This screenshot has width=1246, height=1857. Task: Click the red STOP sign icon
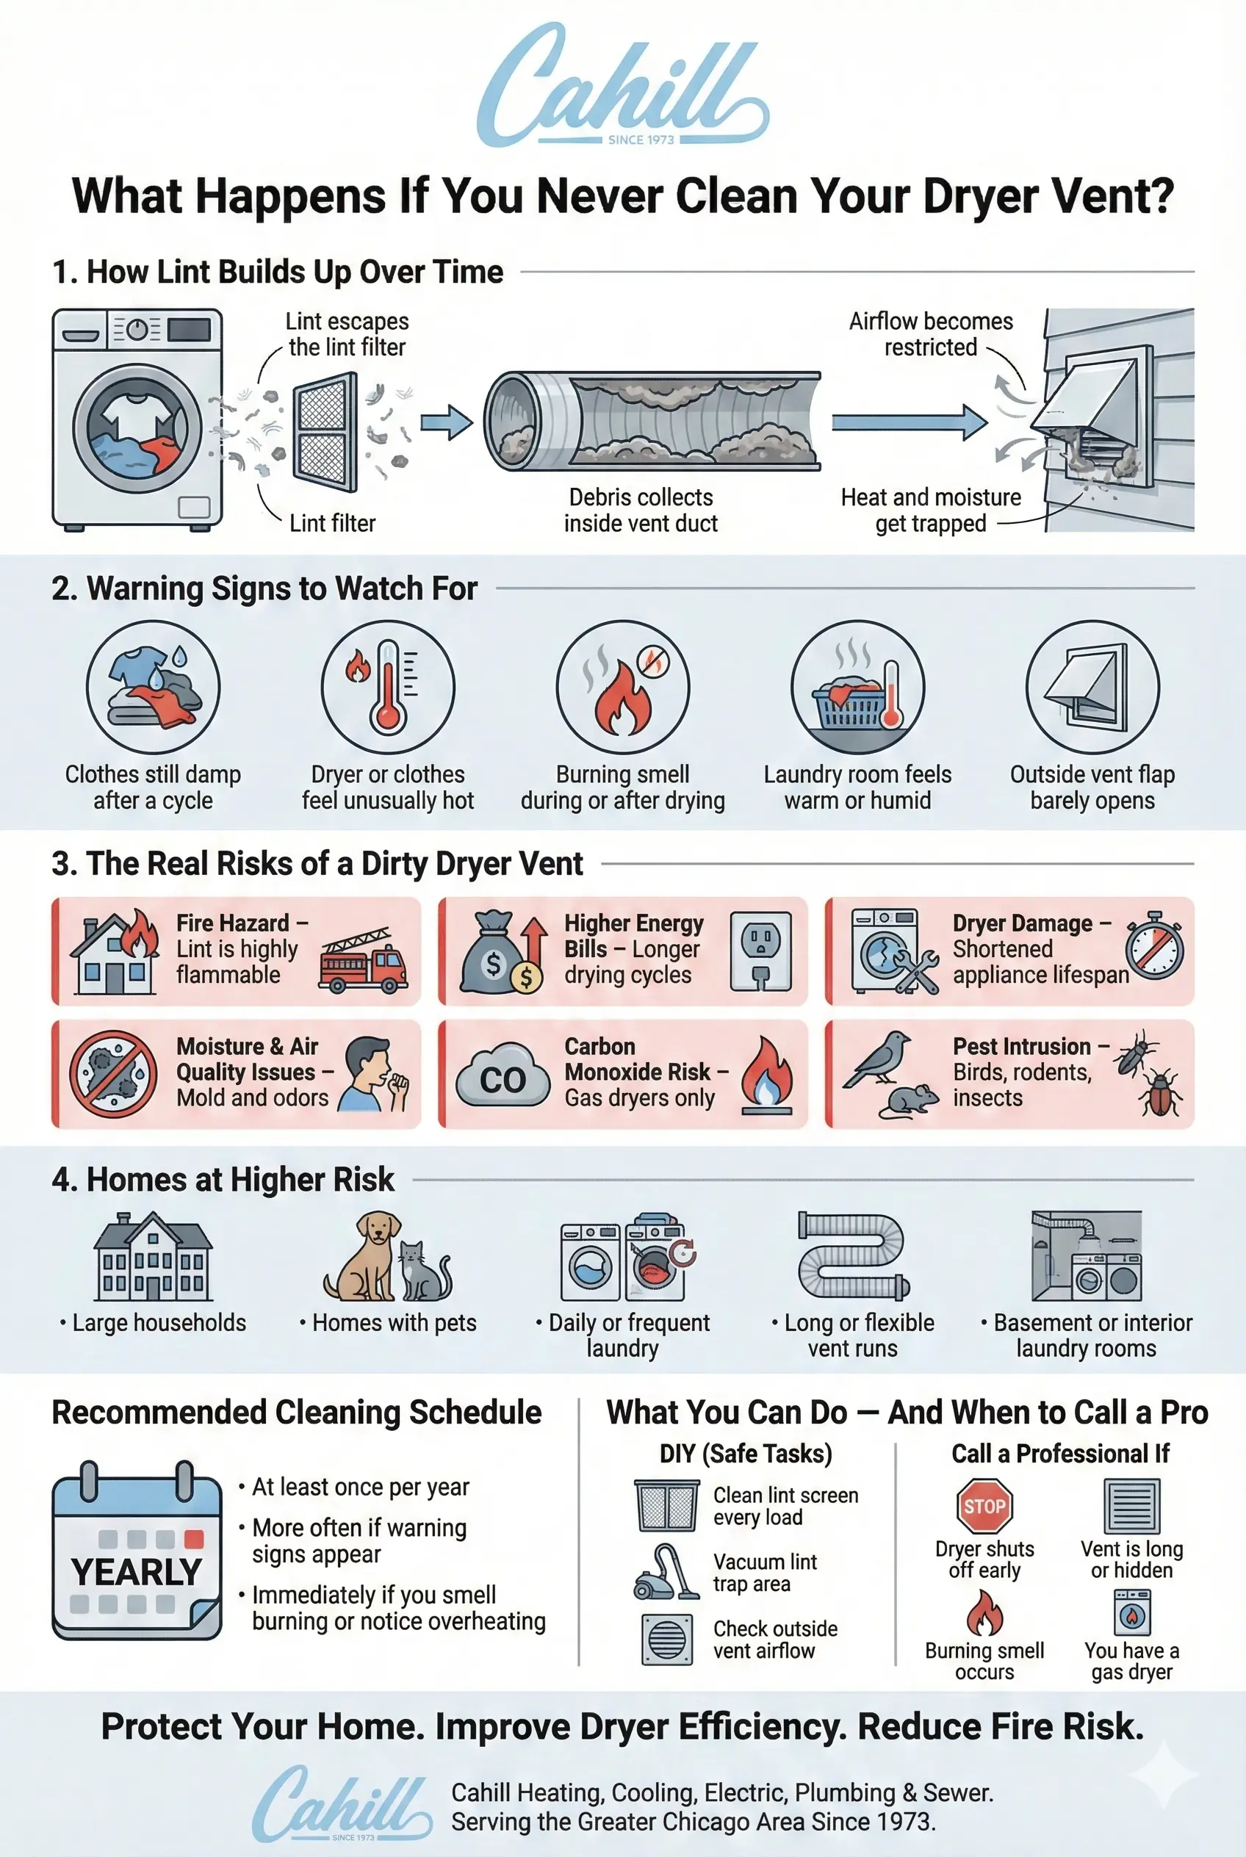click(984, 1506)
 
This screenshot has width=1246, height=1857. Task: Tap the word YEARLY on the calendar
click(136, 1571)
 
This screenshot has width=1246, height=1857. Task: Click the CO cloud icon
click(503, 1078)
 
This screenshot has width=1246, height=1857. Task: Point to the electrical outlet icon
click(760, 951)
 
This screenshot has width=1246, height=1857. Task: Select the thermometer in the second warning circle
click(387, 688)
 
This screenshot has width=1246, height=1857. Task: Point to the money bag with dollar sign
click(491, 954)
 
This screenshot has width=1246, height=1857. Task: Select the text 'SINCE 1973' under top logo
click(641, 140)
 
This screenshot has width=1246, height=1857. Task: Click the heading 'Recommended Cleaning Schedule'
click(296, 1413)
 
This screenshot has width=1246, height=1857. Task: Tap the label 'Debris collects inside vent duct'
click(641, 510)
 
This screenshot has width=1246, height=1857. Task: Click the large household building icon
click(154, 1257)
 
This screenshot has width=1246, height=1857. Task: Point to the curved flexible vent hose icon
click(853, 1255)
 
